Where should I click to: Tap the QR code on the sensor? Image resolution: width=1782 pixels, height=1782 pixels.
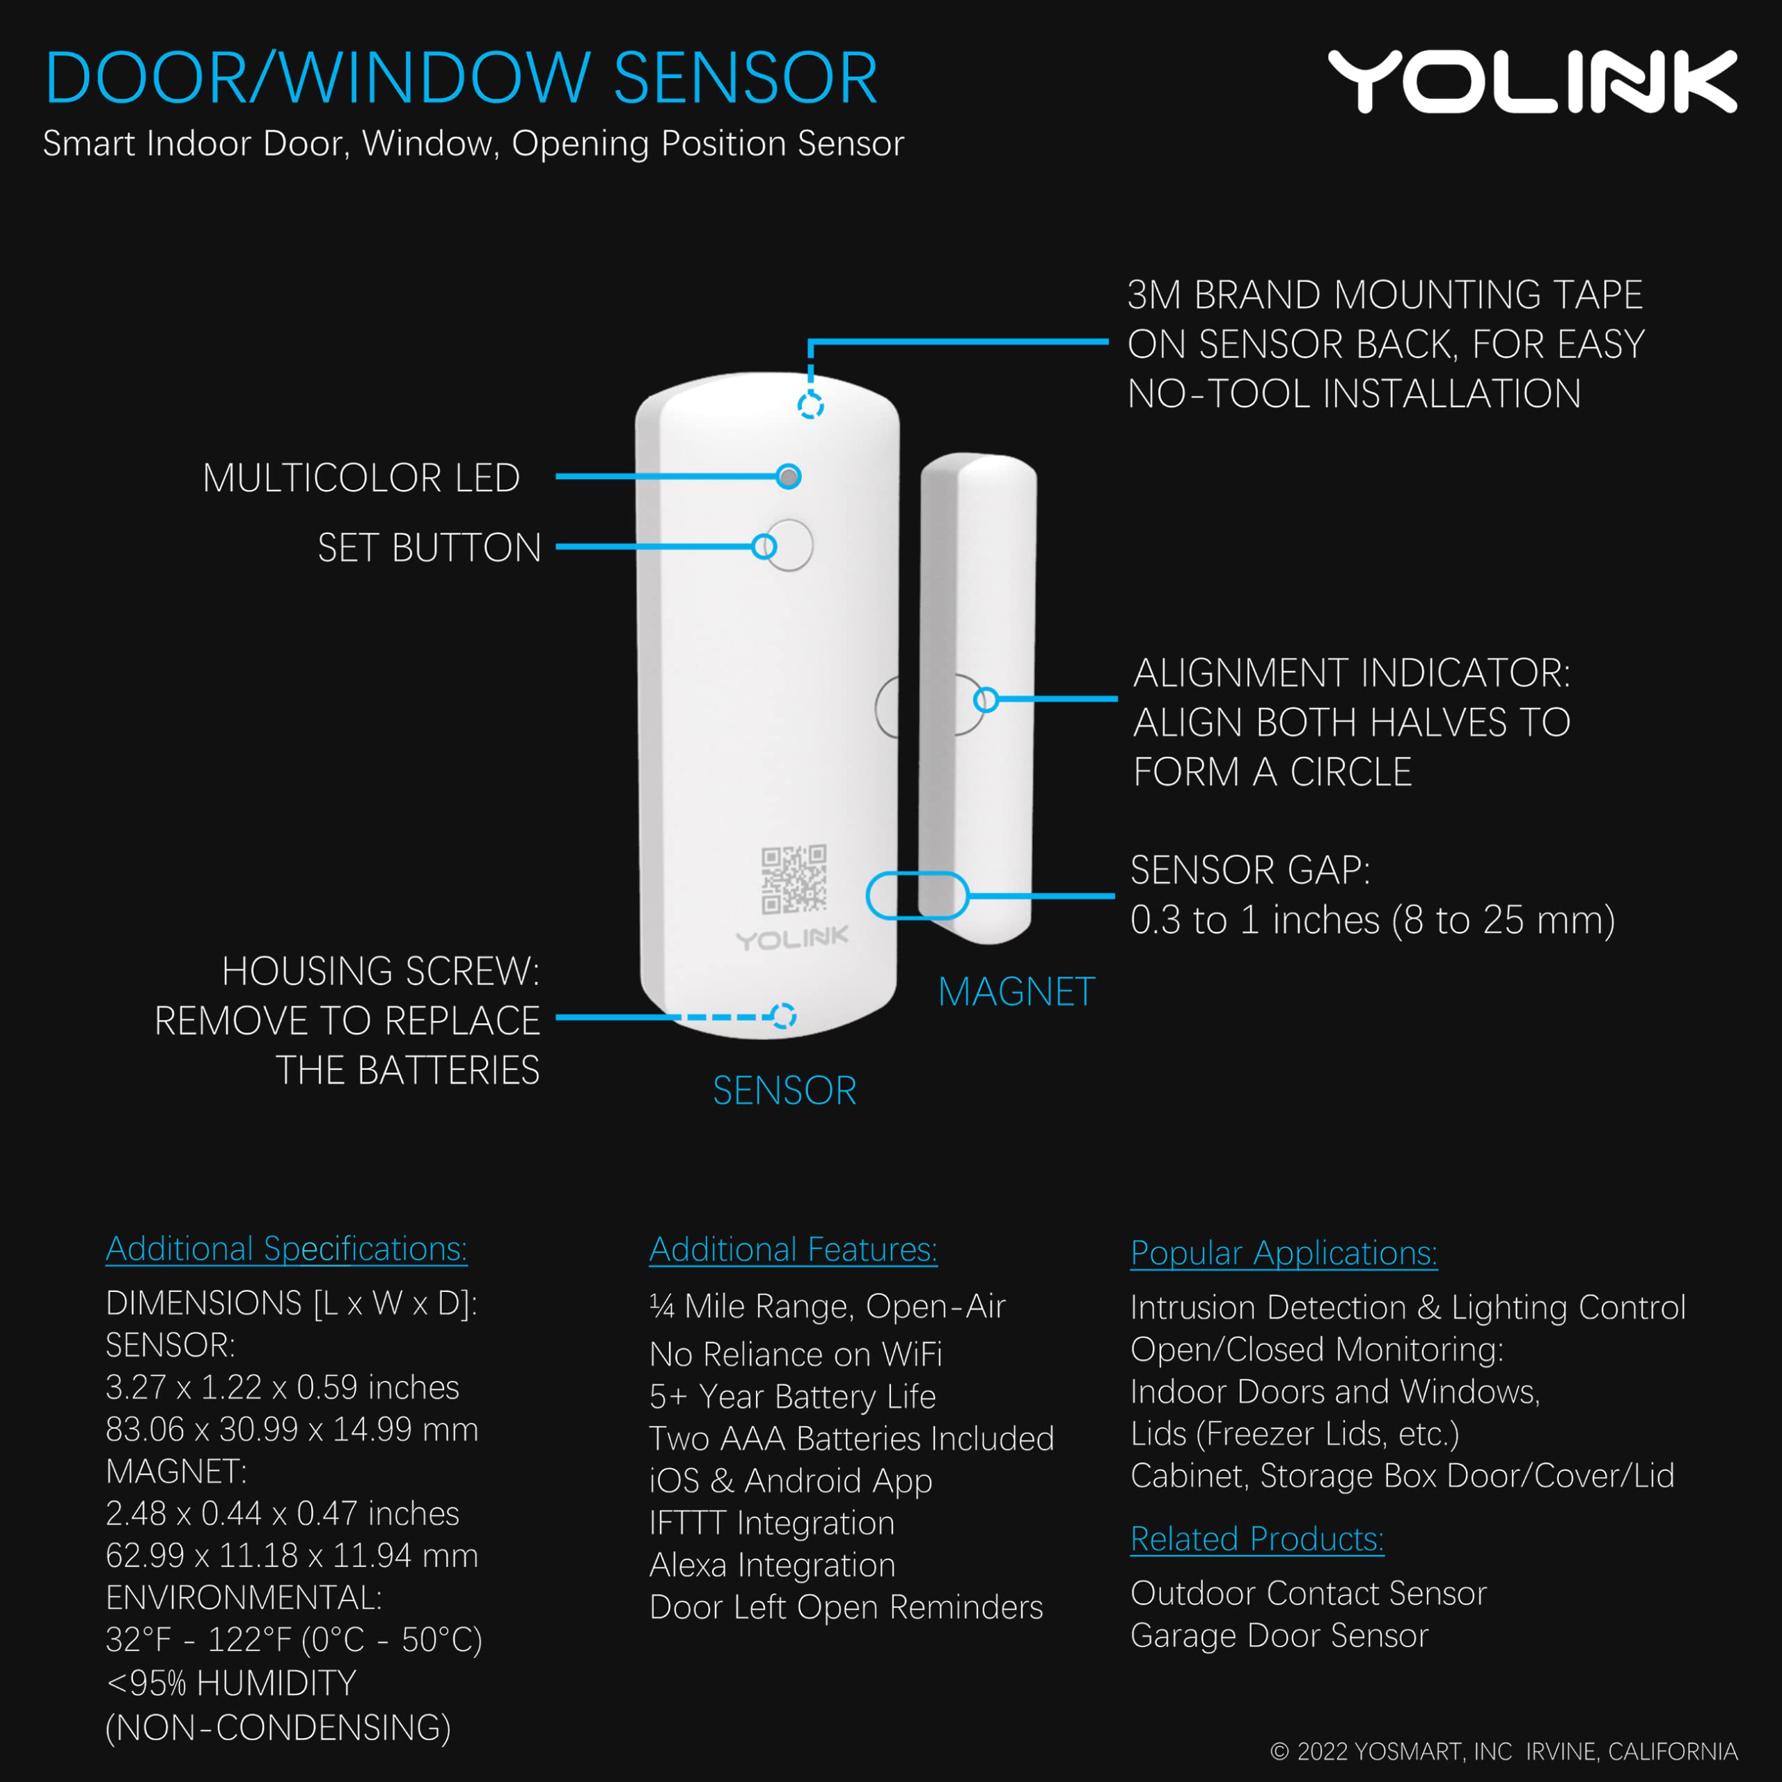[x=794, y=879]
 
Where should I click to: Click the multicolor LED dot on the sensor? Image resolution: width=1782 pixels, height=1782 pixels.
[x=789, y=477]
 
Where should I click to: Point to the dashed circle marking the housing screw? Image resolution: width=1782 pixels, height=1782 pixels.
[x=783, y=1016]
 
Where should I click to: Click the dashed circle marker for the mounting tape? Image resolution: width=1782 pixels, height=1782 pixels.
[x=810, y=405]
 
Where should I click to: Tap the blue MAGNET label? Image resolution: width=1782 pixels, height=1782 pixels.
[x=1016, y=993]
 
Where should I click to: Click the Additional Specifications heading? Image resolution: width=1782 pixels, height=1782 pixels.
[x=286, y=1249]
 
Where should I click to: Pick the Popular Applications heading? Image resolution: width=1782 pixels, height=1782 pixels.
[x=1284, y=1254]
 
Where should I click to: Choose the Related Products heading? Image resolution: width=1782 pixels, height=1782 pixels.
[x=1257, y=1540]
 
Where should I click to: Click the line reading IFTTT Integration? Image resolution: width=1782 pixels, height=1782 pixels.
[x=772, y=1523]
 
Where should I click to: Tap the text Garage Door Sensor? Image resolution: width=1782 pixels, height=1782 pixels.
[x=1279, y=1635]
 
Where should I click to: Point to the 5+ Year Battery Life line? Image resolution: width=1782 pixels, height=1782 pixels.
[x=792, y=1396]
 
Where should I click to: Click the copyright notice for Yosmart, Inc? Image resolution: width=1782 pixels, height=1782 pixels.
[x=1504, y=1751]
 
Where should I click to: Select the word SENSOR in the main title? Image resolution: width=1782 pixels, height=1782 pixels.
[x=746, y=79]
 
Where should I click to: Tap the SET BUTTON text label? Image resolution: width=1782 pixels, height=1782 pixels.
[x=429, y=548]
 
